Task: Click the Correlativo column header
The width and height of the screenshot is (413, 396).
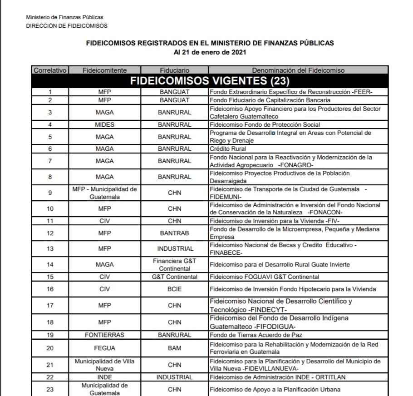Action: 50,70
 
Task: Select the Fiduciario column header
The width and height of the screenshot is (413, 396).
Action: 174,70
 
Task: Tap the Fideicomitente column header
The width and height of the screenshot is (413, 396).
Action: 104,70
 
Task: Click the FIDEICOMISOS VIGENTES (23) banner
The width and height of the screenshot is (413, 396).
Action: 210,81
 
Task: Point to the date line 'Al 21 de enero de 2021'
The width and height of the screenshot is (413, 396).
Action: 210,53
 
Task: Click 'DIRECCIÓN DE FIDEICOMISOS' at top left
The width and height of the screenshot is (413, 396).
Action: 67,26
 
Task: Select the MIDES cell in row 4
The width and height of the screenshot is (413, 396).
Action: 104,124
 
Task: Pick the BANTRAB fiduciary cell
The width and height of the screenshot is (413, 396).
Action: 174,233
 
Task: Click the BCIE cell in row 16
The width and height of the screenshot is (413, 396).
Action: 174,289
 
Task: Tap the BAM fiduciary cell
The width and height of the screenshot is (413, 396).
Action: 174,348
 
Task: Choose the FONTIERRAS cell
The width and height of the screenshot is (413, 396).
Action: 104,335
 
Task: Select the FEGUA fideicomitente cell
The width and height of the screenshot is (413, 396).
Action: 104,348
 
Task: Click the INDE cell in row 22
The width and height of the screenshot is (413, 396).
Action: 104,377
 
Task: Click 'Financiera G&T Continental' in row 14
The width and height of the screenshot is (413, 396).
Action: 174,264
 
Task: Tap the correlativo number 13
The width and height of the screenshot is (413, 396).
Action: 50,248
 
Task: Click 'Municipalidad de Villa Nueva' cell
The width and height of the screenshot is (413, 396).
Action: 104,365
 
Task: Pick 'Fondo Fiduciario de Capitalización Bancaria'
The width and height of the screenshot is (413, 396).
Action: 270,100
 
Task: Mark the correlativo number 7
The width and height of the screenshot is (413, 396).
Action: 50,161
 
